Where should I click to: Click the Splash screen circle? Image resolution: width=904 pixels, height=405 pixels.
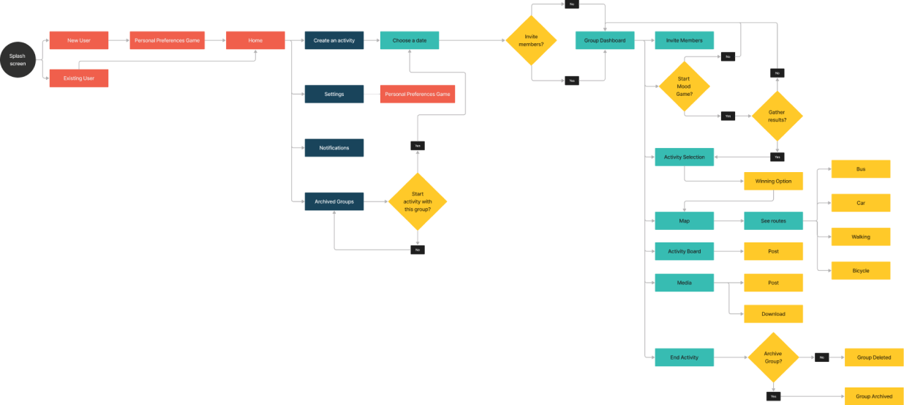tap(17, 60)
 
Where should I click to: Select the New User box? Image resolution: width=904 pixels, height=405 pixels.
tap(79, 40)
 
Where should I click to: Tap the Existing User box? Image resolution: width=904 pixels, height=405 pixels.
tap(79, 78)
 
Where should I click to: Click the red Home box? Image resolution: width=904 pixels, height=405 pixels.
tap(255, 40)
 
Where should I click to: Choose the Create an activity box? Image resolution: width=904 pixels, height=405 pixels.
tap(334, 40)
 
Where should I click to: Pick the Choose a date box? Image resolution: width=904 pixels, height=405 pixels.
tap(410, 40)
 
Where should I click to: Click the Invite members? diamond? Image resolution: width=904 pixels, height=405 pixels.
tap(531, 40)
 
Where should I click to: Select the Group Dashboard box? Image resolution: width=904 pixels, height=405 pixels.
tap(605, 40)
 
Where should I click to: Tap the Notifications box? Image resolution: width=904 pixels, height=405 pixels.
tap(334, 148)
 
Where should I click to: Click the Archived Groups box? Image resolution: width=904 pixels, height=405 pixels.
tap(334, 201)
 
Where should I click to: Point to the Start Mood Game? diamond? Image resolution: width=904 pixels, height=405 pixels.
tap(684, 86)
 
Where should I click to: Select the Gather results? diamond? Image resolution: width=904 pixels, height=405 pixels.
tap(777, 116)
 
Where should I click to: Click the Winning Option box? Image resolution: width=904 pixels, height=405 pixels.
tap(774, 182)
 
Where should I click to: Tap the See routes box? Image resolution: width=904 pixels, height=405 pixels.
tap(774, 220)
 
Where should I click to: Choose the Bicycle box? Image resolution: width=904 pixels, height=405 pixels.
tap(861, 271)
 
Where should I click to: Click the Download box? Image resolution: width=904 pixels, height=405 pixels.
tap(774, 314)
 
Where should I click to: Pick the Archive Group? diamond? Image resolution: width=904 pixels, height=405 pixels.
tap(773, 357)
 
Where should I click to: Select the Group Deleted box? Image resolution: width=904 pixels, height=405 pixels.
tap(874, 357)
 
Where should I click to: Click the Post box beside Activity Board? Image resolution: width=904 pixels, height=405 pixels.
tap(774, 251)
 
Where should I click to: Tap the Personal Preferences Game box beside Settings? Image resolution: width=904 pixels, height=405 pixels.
tap(418, 94)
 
